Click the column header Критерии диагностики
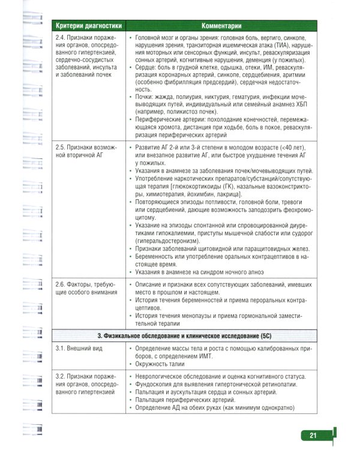click(x=88, y=26)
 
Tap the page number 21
click(x=313, y=436)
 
